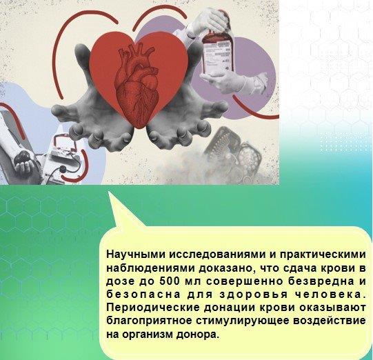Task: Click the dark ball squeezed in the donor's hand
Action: (x=23, y=157)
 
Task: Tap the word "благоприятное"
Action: (x=149, y=321)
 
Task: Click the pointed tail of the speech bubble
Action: (x=108, y=192)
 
